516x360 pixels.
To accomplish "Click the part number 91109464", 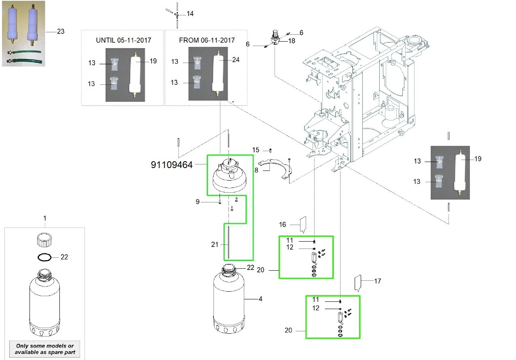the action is coord(171,165).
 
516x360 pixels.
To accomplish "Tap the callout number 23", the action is coord(61,31).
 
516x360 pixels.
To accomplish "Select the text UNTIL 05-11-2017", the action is coord(123,40).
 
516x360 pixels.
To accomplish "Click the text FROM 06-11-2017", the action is coord(207,40).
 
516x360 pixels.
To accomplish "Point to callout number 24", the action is coord(236,60).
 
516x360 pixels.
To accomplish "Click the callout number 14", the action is coord(190,14).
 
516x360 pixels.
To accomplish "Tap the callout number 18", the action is coord(292,41).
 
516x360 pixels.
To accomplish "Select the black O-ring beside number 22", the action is coord(44,257).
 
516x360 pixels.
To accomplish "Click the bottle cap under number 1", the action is coord(44,240).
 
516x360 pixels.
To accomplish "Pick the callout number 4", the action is coord(260,299).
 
